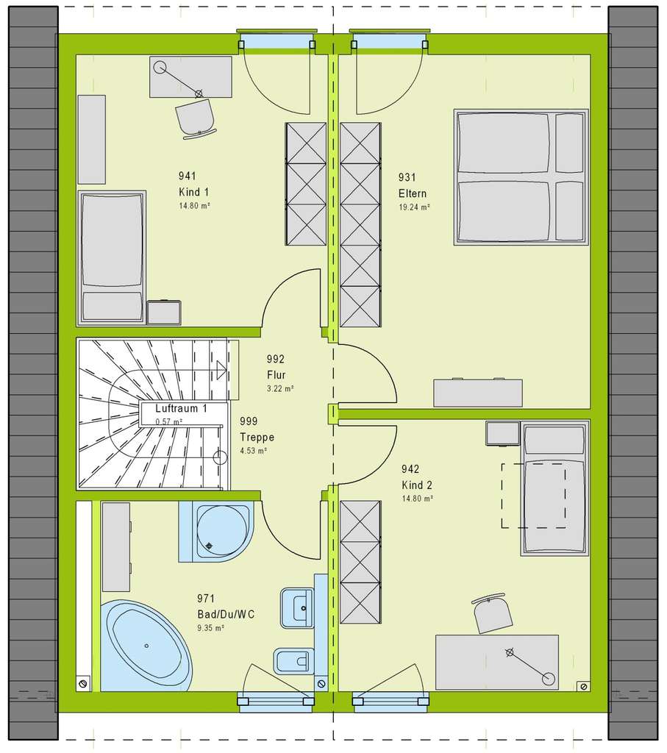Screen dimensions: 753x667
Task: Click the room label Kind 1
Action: [x=193, y=191]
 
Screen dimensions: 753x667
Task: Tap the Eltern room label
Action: [x=413, y=193]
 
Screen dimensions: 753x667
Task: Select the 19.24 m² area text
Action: [x=414, y=207]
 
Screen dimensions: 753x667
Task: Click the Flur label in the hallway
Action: [x=277, y=374]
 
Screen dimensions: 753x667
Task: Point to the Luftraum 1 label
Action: [x=181, y=408]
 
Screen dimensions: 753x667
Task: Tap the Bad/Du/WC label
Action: [x=225, y=615]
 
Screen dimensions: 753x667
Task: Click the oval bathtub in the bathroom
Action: [x=148, y=645]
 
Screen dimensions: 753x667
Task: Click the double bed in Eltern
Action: [x=521, y=176]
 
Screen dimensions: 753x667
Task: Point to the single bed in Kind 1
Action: [x=111, y=257]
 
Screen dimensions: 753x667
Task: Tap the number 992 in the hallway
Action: [x=277, y=360]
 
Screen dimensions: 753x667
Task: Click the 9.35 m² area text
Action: [x=210, y=628]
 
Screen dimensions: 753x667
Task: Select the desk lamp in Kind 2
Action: [x=528, y=665]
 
